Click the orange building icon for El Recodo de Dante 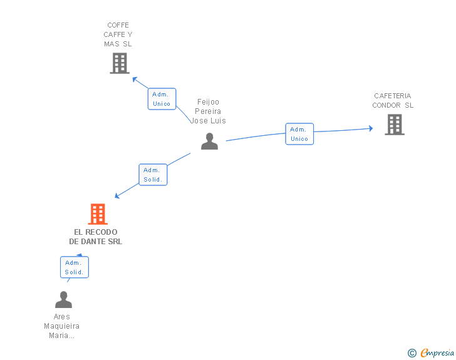click(x=98, y=214)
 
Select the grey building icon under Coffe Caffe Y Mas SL click(x=120, y=63)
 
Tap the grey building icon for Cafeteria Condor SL click(x=395, y=125)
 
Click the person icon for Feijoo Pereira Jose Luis click(x=209, y=141)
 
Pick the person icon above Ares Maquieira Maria click(x=63, y=299)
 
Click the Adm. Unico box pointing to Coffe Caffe click(x=162, y=99)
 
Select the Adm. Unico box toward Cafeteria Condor click(x=299, y=134)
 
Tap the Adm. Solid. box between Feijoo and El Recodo click(x=153, y=175)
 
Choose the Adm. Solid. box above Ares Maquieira click(x=75, y=267)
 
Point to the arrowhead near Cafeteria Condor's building click(x=371, y=128)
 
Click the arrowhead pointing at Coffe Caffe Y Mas click(x=135, y=79)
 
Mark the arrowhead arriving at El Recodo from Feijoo click(x=117, y=196)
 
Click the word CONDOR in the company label click(x=386, y=105)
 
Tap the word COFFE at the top click(x=118, y=25)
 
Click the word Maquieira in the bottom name click(x=61, y=326)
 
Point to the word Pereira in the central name click(x=208, y=111)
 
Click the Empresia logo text click(x=437, y=352)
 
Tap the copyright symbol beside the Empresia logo click(x=412, y=353)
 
